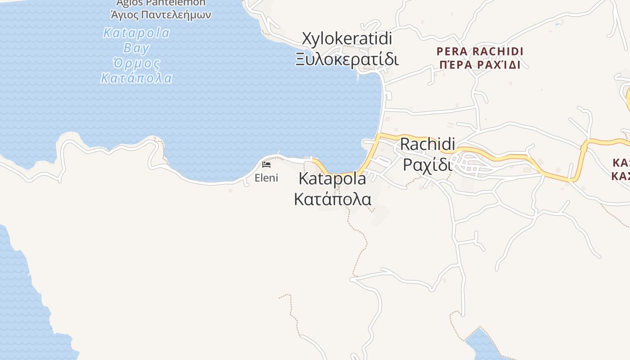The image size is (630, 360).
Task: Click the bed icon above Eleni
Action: coord(266,165)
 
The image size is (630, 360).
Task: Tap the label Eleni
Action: coord(266,178)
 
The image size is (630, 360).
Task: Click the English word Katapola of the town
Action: coord(333,179)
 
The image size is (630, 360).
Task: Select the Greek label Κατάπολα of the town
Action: coord(333,198)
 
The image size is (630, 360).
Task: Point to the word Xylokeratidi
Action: coord(347,39)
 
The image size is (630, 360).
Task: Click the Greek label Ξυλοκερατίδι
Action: coord(347,59)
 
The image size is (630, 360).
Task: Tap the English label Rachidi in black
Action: coord(427,144)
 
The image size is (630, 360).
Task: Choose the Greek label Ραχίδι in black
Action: coord(427,164)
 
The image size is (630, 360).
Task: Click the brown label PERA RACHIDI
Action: coord(480,51)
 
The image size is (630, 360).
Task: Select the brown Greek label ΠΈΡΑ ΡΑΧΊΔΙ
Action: coord(480,65)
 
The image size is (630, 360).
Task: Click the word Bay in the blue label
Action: coord(136,48)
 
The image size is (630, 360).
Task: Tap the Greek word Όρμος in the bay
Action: coord(136,63)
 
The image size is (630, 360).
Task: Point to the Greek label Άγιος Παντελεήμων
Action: coord(161,14)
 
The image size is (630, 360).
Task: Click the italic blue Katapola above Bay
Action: coord(136,33)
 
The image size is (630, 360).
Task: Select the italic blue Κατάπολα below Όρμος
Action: coord(136,78)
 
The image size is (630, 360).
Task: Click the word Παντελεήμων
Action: coord(176,14)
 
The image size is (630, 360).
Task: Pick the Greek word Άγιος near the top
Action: coord(124,14)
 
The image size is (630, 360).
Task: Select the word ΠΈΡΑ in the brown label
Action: coord(454,65)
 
